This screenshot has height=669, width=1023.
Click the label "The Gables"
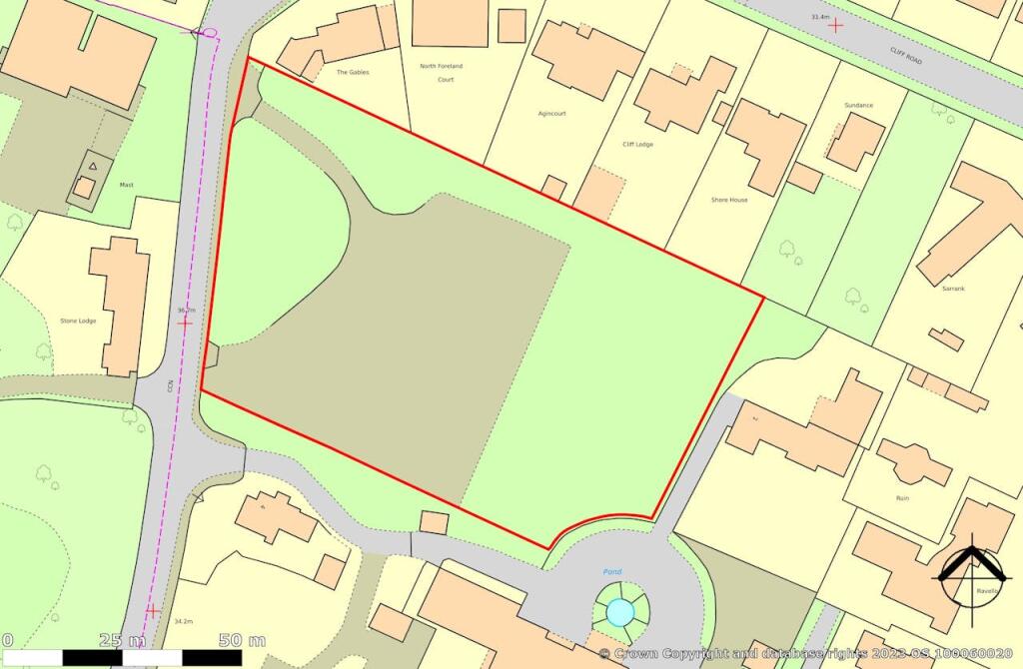tap(354, 73)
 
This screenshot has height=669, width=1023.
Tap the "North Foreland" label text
tap(442, 66)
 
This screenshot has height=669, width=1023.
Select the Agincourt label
tap(551, 114)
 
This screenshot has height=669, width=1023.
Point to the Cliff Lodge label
tap(638, 145)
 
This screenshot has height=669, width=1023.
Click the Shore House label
tap(729, 200)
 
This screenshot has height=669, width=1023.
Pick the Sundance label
tap(858, 105)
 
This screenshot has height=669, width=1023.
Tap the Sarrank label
tap(953, 289)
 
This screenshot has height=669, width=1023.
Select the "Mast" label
tap(126, 185)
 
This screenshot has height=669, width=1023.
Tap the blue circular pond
tap(620, 610)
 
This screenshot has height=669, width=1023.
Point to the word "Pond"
tap(611, 572)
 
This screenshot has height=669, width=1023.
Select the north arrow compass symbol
tap(970, 574)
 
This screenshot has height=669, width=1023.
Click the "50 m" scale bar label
tap(244, 640)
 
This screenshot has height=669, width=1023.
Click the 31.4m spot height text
tap(821, 17)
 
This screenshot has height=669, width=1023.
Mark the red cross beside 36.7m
tap(185, 323)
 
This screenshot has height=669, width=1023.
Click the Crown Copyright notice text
tap(809, 654)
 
